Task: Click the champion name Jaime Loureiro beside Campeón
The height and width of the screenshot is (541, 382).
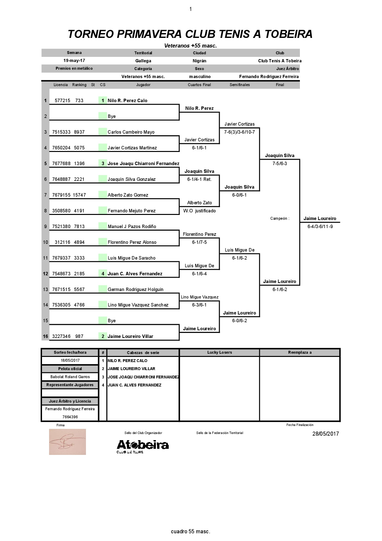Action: (x=319, y=218)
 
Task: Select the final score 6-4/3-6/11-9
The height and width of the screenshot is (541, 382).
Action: (x=320, y=226)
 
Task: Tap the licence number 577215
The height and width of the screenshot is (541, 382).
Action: (x=62, y=101)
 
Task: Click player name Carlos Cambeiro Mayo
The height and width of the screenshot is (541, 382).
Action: (x=131, y=132)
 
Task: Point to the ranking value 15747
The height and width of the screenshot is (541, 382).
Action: (x=79, y=195)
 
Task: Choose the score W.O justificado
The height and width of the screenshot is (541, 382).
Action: (x=199, y=211)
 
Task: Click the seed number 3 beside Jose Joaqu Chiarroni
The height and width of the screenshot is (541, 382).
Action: (x=103, y=164)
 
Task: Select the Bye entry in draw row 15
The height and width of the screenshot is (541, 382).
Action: (x=112, y=321)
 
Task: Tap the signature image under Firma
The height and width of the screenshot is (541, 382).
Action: (x=68, y=442)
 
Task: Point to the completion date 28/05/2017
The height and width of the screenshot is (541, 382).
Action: (x=326, y=433)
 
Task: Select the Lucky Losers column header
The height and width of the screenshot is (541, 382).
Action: (x=219, y=352)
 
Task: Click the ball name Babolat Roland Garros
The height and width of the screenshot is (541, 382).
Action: (x=70, y=377)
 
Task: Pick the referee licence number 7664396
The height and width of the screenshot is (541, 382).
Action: (x=70, y=417)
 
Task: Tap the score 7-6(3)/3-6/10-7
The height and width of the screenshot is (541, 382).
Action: (x=240, y=132)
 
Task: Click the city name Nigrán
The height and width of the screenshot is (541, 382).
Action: (x=199, y=61)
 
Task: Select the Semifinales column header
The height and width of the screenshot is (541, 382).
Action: (x=240, y=85)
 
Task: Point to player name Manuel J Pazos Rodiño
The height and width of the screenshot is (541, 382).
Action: (x=132, y=226)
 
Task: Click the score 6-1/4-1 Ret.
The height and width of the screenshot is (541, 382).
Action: (x=199, y=179)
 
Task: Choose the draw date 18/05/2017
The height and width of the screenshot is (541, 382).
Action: (x=70, y=360)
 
